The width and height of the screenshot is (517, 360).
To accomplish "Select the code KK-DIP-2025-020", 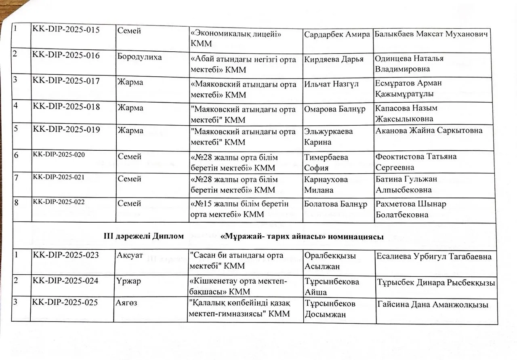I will pos(59,154).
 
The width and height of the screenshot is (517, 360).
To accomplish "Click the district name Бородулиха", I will pos(139,57).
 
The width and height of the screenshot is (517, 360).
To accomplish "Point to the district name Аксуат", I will pos(130,256).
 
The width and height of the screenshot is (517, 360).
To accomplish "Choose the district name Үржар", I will pos(129,281).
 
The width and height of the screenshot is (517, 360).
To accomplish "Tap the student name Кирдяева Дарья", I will pos(334,59).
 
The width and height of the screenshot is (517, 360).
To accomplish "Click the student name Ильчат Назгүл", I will pos(332,84).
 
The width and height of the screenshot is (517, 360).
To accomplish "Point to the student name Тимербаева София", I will pos(326,162).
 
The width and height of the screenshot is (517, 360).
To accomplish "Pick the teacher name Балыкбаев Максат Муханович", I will pos(431,34).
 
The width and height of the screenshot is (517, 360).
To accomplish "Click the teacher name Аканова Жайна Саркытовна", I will pos(429,131).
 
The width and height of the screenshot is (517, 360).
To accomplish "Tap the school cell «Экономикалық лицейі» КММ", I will pos(236,39).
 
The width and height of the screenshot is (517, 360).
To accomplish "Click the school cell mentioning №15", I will pos(239,208).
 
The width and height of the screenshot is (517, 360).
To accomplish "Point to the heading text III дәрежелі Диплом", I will pos(144,236).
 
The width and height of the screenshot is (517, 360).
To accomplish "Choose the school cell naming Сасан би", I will pos(236,261).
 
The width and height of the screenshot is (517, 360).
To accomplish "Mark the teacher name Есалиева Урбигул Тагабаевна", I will pos(434,256).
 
